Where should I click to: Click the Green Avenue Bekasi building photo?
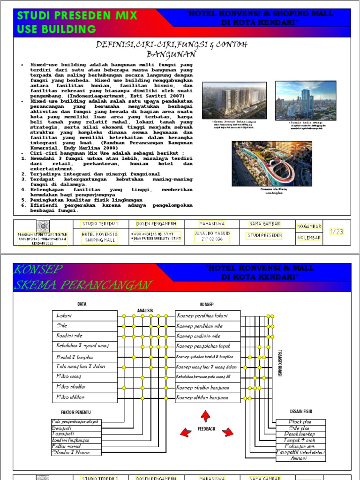[234, 100]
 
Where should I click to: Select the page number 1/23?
[337, 231]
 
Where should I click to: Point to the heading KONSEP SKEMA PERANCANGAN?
[82, 277]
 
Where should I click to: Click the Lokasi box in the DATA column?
[85, 315]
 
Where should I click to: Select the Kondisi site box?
[85, 336]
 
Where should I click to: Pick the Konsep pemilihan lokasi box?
[208, 315]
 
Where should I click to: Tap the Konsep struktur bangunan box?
[208, 388]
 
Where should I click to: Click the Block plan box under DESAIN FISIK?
[300, 422]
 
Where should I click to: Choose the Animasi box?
[300, 459]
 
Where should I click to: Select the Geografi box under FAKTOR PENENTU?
[76, 428]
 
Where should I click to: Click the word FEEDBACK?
[206, 429]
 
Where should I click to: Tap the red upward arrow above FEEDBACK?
[205, 416]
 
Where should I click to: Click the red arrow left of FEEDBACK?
[186, 432]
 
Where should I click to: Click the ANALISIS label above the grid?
[145, 310]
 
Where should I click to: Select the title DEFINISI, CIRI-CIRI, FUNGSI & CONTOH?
[172, 45]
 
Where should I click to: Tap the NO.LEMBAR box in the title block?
[309, 238]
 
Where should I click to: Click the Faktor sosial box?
[76, 446]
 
